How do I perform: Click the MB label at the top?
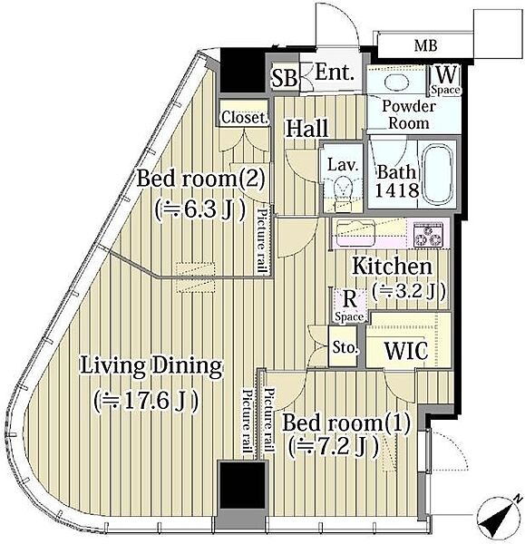pos(426,46)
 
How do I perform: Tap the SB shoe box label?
pos(285,78)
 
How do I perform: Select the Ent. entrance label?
pos(335,73)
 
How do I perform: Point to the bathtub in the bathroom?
pos(438,174)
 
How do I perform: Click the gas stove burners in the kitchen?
pos(428,235)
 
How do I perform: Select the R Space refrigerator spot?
pos(349,306)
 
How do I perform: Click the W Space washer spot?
pos(445,80)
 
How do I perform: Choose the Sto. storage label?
pos(345,347)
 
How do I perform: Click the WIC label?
pos(406,351)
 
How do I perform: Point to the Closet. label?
pos(245,118)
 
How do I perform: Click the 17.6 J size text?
pos(146,402)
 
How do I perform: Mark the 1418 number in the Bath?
pos(397,190)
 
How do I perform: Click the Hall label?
pos(306,129)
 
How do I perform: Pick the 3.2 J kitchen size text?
pos(409,291)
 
